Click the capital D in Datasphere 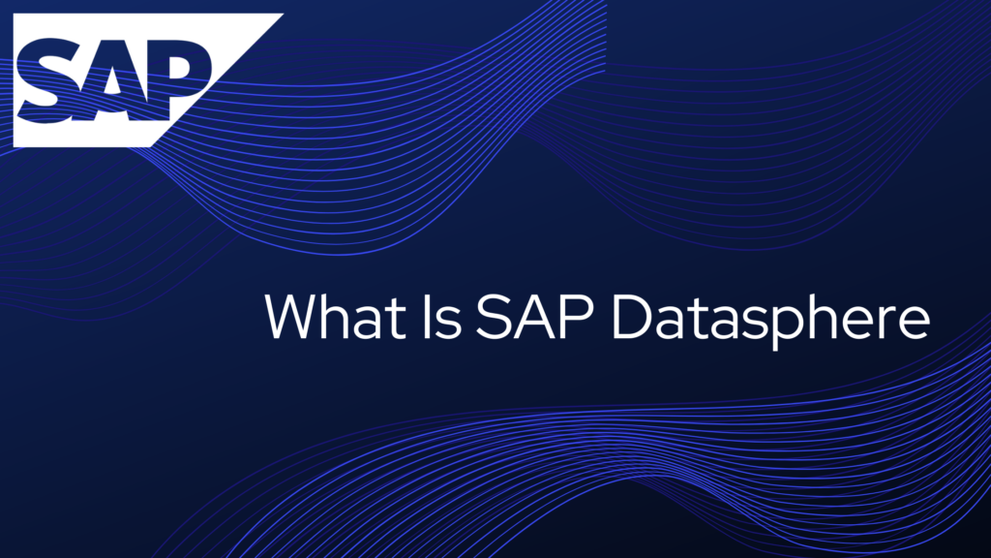pos(634,316)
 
